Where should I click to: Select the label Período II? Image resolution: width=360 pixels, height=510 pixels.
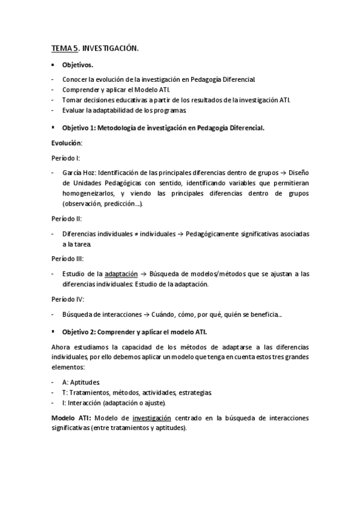[67, 219]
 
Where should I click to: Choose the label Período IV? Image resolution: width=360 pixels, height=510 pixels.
[67, 299]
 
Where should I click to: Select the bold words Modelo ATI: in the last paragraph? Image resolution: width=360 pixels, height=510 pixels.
[72, 417]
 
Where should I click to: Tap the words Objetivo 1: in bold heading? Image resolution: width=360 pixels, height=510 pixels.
[79, 128]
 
